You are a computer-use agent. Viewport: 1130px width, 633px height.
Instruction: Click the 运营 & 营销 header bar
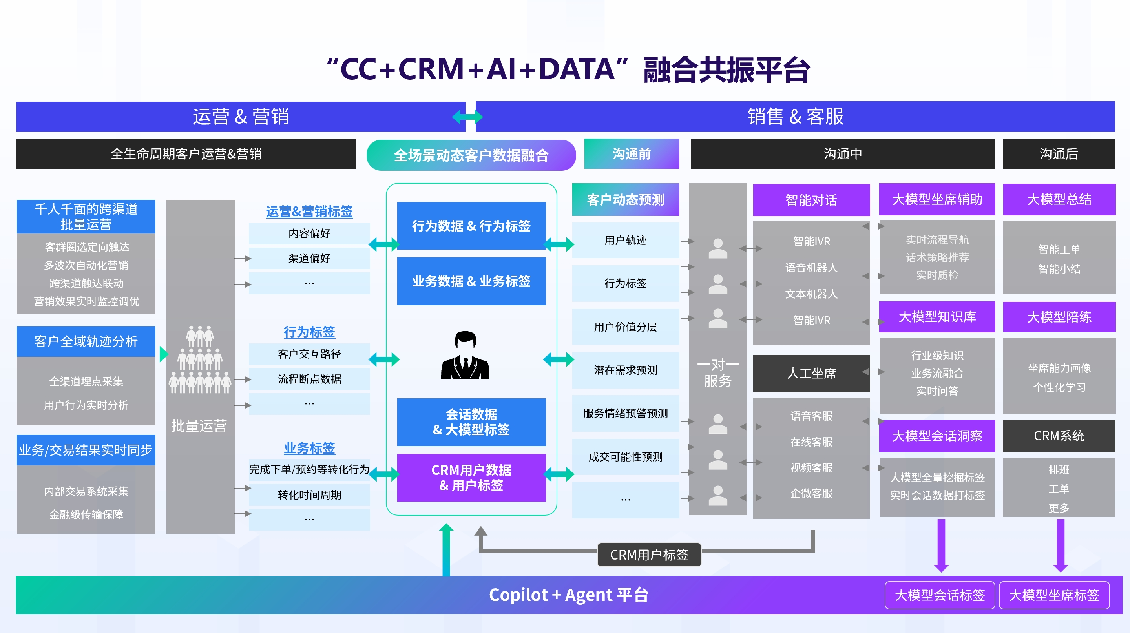coord(240,117)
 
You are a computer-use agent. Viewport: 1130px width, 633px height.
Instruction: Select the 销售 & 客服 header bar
coord(795,117)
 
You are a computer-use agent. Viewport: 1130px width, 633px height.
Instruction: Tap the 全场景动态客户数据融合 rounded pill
coord(471,155)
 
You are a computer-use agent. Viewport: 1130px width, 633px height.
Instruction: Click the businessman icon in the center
coord(465,356)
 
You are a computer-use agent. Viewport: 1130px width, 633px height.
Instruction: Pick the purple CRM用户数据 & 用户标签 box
coord(471,478)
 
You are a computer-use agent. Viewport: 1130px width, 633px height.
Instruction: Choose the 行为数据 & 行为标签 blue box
coord(471,226)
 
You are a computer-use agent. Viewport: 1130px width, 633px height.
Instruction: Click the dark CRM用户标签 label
coord(649,555)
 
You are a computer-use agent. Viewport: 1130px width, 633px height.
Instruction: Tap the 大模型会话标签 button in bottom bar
coord(939,595)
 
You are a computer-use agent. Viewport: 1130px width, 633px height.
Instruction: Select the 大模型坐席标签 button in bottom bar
coord(1054,595)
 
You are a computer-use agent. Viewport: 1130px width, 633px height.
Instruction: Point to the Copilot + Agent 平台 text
coord(568,595)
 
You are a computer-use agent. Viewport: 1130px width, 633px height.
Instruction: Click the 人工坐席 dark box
coord(811,373)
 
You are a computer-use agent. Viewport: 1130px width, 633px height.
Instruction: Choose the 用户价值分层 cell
coord(625,327)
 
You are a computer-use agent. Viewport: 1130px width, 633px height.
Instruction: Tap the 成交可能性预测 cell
coord(625,457)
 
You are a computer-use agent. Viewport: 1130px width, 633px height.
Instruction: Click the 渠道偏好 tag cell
coord(309,258)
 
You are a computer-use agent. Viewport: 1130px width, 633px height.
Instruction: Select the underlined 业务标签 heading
coord(309,448)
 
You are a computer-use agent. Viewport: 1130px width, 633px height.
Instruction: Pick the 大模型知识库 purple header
coord(937,317)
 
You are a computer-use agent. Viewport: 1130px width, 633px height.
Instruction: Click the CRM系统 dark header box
coord(1059,436)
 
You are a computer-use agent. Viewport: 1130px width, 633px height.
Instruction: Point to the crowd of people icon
coord(200,360)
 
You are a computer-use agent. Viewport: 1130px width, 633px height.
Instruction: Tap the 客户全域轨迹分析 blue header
coord(86,341)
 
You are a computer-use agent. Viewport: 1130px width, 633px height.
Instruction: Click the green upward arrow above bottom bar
coord(446,548)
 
